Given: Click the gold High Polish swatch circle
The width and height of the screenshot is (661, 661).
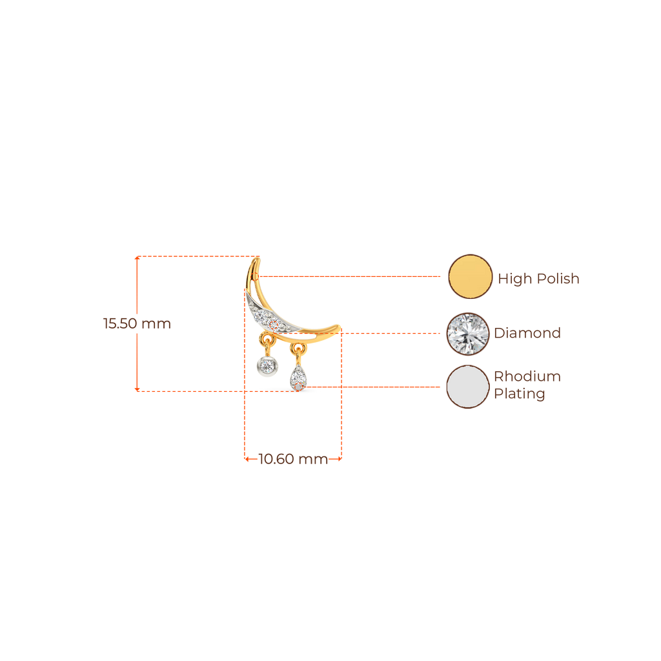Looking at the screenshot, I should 470,276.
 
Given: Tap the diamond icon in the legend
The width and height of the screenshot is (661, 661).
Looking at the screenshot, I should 468,333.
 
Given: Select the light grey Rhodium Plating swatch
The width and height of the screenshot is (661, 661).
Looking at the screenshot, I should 468,387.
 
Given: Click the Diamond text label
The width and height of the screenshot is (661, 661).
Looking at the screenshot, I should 527,333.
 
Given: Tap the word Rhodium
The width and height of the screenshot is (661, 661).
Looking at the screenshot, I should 527,376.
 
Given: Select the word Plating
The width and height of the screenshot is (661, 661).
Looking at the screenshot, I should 520,394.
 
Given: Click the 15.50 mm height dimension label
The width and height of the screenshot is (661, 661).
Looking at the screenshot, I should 137,323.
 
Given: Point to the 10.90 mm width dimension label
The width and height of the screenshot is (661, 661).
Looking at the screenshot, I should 293,460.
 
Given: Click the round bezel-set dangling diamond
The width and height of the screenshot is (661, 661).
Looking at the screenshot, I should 265,367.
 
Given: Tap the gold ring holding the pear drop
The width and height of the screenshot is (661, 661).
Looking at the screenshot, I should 297,349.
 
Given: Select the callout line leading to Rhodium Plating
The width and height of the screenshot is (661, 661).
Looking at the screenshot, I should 374,387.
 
